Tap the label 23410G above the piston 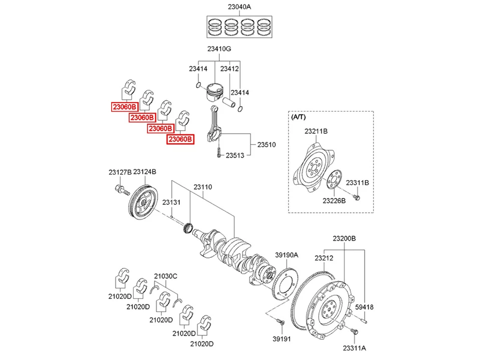point(219,49)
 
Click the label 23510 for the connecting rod point(267,145)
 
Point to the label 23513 point(234,155)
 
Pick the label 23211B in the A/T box point(316,131)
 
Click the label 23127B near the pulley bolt point(120,172)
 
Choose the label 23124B point(145,172)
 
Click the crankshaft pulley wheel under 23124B point(142,203)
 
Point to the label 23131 point(171,202)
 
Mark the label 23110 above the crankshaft point(203,187)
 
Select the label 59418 point(365,306)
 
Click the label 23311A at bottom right point(354,347)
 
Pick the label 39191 point(281,339)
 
